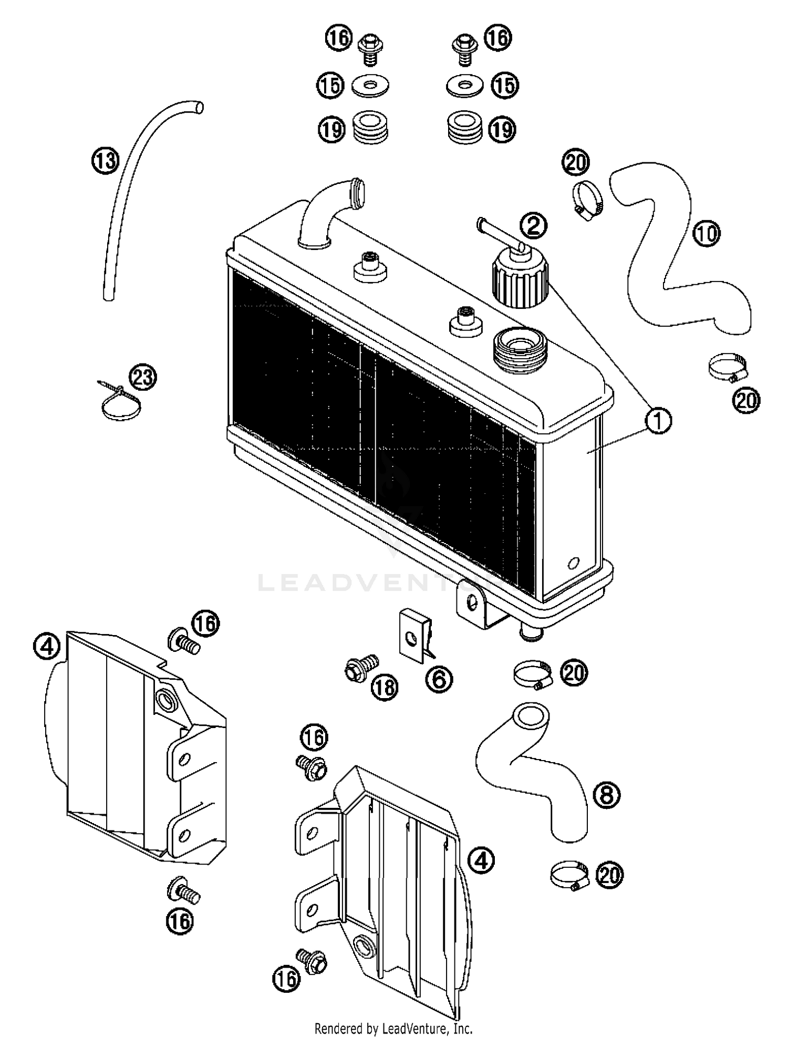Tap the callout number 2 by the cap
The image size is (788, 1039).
(x=534, y=226)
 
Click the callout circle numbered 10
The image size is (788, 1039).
(x=706, y=233)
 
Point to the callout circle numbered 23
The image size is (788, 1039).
(x=143, y=378)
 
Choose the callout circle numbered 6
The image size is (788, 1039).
(x=439, y=679)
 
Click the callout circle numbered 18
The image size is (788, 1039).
(x=385, y=687)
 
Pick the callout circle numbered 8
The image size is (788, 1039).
(x=607, y=795)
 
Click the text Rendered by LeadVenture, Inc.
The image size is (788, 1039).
(x=393, y=1028)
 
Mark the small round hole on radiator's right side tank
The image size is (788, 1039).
(x=573, y=564)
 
